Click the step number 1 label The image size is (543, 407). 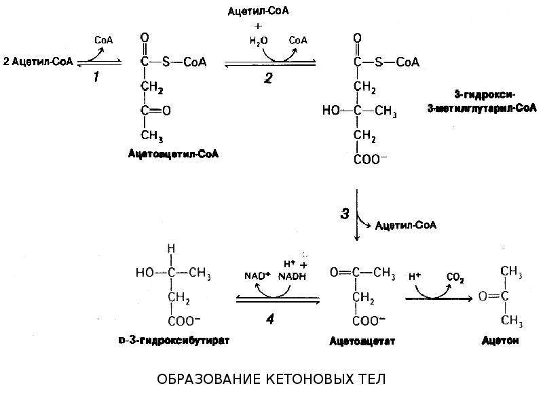(x=96, y=77)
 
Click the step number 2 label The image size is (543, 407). (x=268, y=78)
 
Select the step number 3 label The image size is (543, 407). (x=345, y=214)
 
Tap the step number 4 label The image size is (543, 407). (x=270, y=319)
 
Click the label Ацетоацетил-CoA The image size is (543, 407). (x=173, y=154)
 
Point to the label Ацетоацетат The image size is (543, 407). (x=362, y=341)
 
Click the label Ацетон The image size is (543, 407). (x=500, y=341)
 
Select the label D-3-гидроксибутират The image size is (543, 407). (x=174, y=341)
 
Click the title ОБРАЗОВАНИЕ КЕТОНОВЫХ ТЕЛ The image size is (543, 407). (x=271, y=379)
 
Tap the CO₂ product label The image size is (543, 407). (x=455, y=278)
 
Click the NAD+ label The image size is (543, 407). (x=257, y=276)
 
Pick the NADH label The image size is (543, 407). (x=293, y=276)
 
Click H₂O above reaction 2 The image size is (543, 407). (x=259, y=41)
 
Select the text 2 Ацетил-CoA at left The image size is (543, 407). (x=38, y=62)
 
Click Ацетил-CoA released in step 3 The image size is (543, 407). (x=405, y=226)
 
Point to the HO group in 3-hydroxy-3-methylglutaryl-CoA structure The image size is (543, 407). (x=331, y=111)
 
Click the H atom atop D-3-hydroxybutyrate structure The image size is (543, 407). (x=171, y=249)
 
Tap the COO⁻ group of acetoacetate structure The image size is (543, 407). (x=368, y=320)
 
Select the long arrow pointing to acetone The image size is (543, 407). (x=439, y=298)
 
